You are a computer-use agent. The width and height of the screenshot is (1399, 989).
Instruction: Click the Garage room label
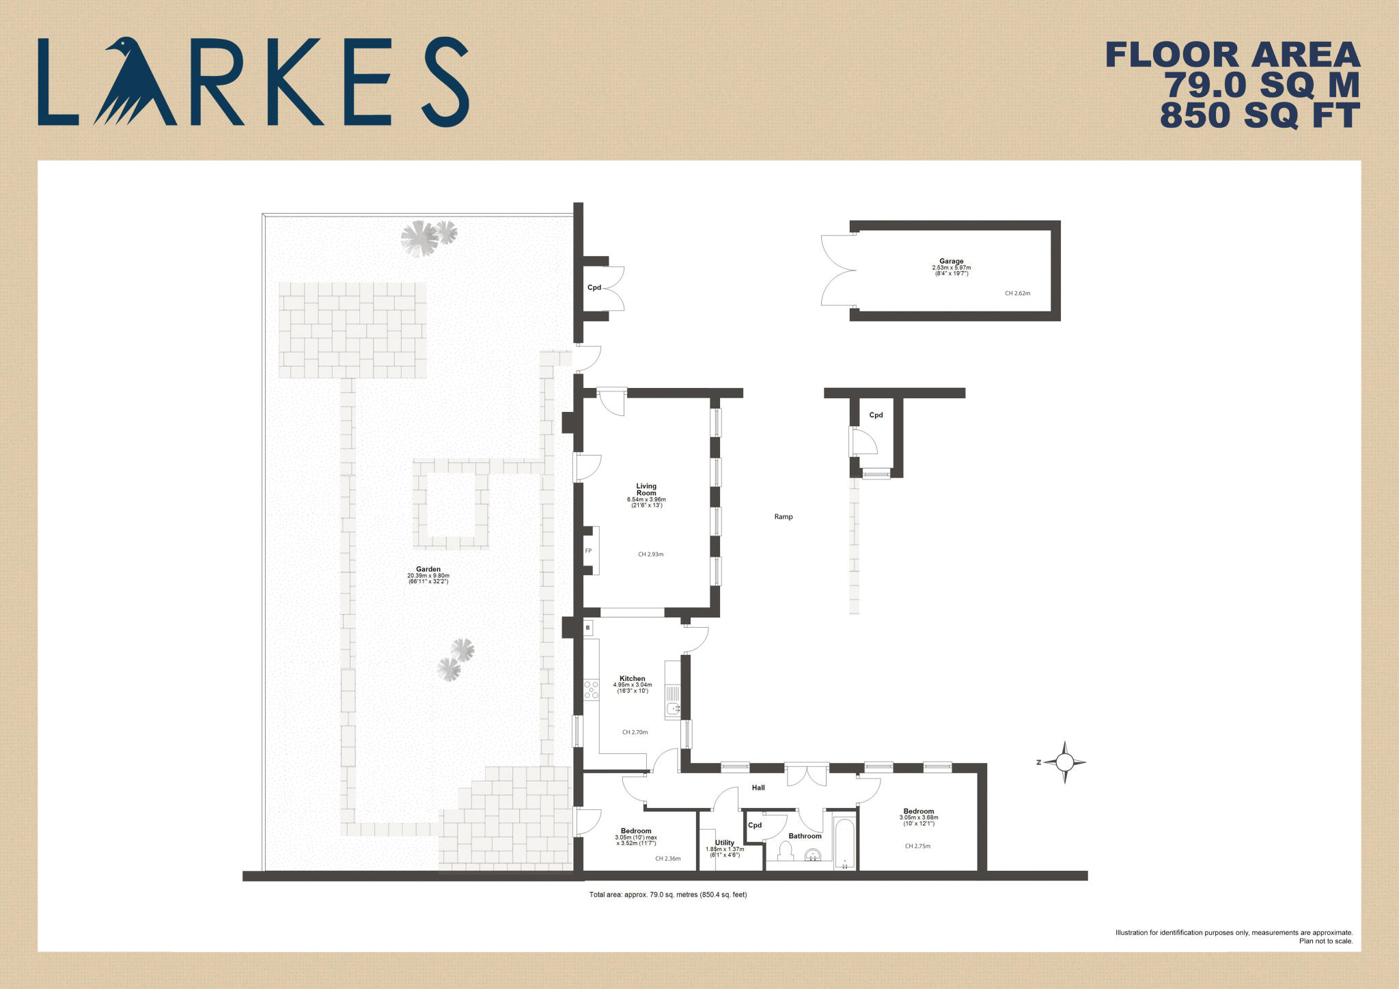[x=951, y=262]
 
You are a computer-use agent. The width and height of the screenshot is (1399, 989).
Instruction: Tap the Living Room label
[x=646, y=490]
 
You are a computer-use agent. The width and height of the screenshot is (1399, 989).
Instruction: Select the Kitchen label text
[x=632, y=679]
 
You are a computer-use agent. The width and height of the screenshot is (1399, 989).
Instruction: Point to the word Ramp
[x=784, y=517]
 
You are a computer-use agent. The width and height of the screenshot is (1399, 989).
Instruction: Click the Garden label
[x=428, y=569]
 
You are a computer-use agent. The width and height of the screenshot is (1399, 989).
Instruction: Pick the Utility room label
[x=724, y=843]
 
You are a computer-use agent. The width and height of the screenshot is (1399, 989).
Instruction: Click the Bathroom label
[x=805, y=836]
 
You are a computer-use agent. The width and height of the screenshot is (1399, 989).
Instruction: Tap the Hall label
[x=758, y=788]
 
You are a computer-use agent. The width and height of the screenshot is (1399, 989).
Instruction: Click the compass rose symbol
[x=1064, y=762]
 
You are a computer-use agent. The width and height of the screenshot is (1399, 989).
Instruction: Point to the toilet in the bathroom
[x=786, y=850]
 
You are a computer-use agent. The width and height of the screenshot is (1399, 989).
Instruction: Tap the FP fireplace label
[x=588, y=551]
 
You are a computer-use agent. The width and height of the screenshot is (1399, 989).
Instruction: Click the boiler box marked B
[x=587, y=627]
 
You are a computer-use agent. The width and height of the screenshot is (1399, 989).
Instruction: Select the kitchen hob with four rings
[x=591, y=689]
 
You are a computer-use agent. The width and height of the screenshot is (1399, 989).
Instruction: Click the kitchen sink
[x=673, y=709]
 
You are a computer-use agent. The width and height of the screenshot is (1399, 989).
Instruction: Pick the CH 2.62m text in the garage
[x=1017, y=294]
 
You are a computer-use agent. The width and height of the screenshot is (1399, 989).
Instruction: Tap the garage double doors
[x=839, y=270]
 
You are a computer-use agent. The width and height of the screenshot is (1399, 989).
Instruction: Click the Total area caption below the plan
[x=667, y=895]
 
